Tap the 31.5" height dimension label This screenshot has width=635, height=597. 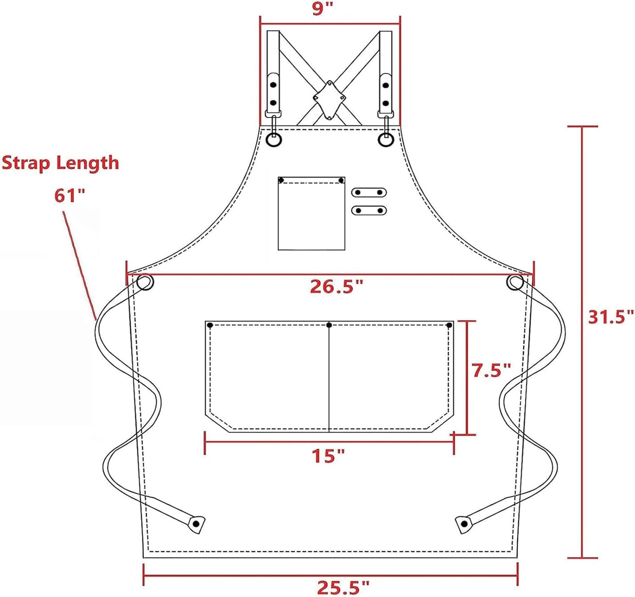click(610, 317)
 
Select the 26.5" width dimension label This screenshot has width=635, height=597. click(337, 287)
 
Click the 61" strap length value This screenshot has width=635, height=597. click(70, 196)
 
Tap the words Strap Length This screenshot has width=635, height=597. click(61, 163)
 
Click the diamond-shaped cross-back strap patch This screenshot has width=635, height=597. click(329, 99)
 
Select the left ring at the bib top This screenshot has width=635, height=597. click(274, 139)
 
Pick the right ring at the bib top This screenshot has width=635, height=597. click(386, 139)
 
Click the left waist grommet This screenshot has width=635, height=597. click(145, 282)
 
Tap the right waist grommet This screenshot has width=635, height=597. click(515, 283)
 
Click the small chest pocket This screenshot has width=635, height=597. click(311, 213)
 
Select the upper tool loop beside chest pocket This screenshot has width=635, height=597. click(369, 193)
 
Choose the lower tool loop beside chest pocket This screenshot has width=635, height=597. click(369, 210)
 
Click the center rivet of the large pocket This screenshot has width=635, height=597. click(329, 325)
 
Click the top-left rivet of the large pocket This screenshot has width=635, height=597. click(210, 325)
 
